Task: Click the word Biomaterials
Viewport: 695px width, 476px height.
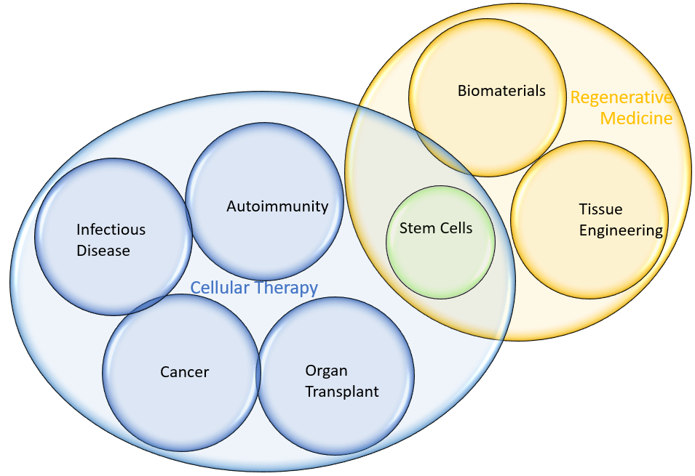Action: tap(501, 91)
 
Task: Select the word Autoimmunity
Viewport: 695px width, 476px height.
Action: tap(277, 207)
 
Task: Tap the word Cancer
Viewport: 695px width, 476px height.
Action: tap(184, 372)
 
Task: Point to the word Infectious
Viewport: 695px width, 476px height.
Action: tap(111, 230)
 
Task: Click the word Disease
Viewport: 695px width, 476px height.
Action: tap(103, 251)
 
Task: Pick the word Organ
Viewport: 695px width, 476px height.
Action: tap(326, 371)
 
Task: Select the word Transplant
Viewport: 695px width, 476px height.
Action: tap(342, 392)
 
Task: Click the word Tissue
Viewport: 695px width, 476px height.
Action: tap(600, 209)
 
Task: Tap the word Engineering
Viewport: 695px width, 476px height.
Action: tap(621, 230)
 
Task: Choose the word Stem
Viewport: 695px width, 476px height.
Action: tap(415, 228)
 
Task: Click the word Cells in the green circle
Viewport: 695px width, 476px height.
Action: tap(454, 228)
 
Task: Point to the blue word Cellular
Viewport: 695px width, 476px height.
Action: tap(220, 288)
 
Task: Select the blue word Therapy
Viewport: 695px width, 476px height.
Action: tap(286, 289)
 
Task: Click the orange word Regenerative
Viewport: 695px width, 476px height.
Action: tap(621, 98)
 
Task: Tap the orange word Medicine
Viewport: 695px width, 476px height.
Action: tap(636, 118)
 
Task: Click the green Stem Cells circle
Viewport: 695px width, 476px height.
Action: tap(440, 243)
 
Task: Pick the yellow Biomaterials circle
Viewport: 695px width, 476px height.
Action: tap(487, 98)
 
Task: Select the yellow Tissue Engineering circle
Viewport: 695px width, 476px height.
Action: tap(589, 219)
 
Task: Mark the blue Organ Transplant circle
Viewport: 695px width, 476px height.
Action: tap(335, 376)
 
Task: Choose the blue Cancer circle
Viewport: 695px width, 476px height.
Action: tap(181, 373)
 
